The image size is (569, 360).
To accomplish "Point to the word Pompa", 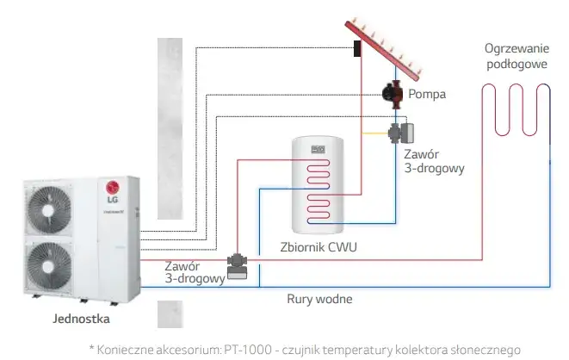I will [x=427, y=94].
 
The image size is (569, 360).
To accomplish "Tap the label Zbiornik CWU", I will [x=319, y=248].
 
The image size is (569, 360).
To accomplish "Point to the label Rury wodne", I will [x=319, y=299].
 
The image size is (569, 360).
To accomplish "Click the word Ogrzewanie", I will [x=515, y=48].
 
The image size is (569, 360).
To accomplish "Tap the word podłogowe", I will [x=515, y=63].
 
